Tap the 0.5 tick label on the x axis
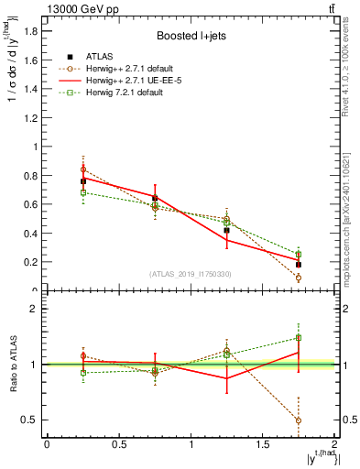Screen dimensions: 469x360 118,444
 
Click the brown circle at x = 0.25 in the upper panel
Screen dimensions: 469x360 82,169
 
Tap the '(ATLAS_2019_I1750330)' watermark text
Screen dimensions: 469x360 190,274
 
